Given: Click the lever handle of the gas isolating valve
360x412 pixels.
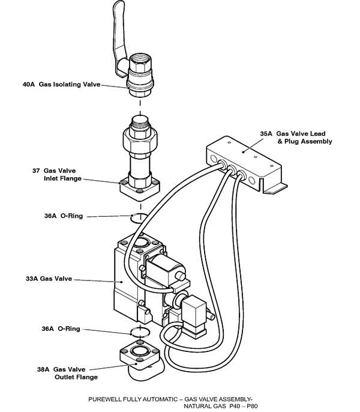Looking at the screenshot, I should pyautogui.click(x=115, y=30).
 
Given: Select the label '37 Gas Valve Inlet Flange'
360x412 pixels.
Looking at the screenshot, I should pyautogui.click(x=57, y=175).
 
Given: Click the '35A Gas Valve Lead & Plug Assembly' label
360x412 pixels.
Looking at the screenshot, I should pyautogui.click(x=295, y=138).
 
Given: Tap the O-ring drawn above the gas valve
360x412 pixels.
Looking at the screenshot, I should pyautogui.click(x=140, y=216).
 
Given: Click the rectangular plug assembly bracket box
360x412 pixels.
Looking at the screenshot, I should pyautogui.click(x=240, y=159).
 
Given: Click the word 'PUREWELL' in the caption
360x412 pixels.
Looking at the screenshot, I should pyautogui.click(x=106, y=399).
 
